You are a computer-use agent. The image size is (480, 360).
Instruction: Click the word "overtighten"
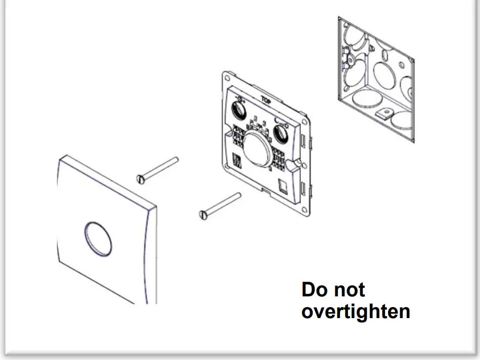click(355, 312)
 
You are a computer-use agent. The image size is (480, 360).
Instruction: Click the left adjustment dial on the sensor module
click(238, 109)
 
